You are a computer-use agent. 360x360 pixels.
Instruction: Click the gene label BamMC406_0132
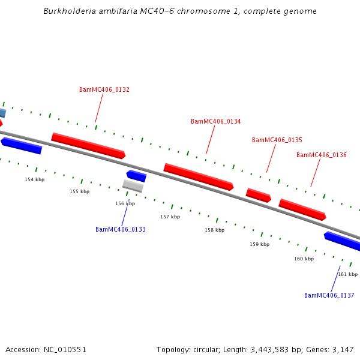[104, 90]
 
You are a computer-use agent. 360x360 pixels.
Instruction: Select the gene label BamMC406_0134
[216, 121]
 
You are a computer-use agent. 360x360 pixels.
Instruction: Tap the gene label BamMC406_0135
[277, 140]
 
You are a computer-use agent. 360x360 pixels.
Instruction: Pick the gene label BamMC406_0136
[322, 155]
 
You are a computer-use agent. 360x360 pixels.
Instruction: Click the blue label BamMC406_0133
[121, 229]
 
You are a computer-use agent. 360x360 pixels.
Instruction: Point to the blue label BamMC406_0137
[329, 295]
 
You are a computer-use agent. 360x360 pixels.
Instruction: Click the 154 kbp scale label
[35, 179]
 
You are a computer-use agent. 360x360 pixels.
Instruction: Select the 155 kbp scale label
[80, 191]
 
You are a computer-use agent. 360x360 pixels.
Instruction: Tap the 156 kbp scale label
[125, 203]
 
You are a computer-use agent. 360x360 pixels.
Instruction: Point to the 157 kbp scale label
[170, 217]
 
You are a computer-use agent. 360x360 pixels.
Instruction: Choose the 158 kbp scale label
[214, 230]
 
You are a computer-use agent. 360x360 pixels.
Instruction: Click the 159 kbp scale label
[260, 244]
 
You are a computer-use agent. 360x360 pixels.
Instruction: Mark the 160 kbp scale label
[304, 259]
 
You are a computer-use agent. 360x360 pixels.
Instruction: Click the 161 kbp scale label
[348, 274]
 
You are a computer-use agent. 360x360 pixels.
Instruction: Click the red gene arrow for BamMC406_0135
[259, 195]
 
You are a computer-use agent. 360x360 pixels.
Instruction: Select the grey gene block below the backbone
[133, 186]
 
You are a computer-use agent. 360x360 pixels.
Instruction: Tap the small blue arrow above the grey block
[136, 176]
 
